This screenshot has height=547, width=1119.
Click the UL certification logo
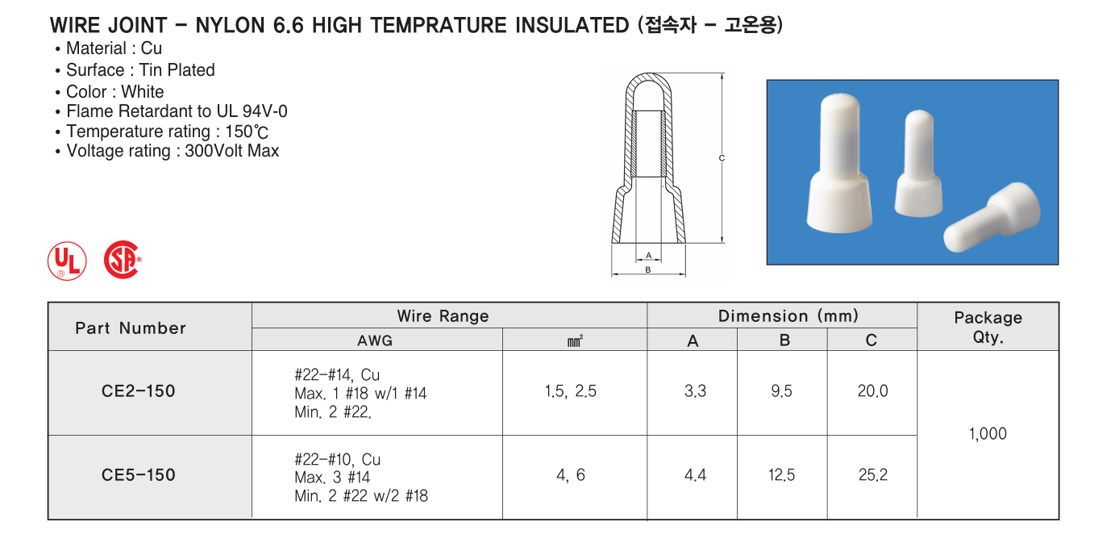coord(67,261)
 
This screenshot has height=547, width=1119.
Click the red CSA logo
coord(123,260)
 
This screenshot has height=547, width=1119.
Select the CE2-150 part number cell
coord(139,391)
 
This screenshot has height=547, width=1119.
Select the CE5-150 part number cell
coord(139,475)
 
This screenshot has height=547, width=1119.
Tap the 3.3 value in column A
coord(696,391)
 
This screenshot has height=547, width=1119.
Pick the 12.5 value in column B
coord(781,475)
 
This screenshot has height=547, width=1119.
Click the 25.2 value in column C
coord(873,475)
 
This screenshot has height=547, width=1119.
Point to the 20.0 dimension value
coord(873,391)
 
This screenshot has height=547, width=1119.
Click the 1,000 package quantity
coord(988,433)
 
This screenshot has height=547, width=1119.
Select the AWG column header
coord(375,340)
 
